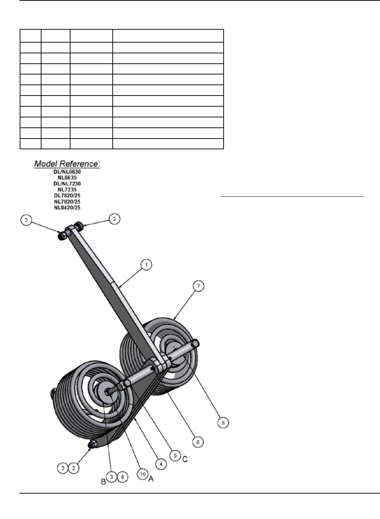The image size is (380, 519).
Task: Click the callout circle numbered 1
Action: [146, 265]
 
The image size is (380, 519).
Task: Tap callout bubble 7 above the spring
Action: [199, 286]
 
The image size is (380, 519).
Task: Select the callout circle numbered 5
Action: [223, 422]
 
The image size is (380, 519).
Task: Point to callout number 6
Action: [198, 442]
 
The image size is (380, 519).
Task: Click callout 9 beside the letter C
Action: [175, 456]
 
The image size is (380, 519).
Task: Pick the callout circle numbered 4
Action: [161, 464]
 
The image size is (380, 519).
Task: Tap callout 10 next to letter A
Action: [143, 474]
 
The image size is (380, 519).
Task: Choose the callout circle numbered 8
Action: [122, 477]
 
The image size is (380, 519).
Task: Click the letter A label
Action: [151, 479]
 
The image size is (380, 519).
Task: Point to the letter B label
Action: [103, 482]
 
